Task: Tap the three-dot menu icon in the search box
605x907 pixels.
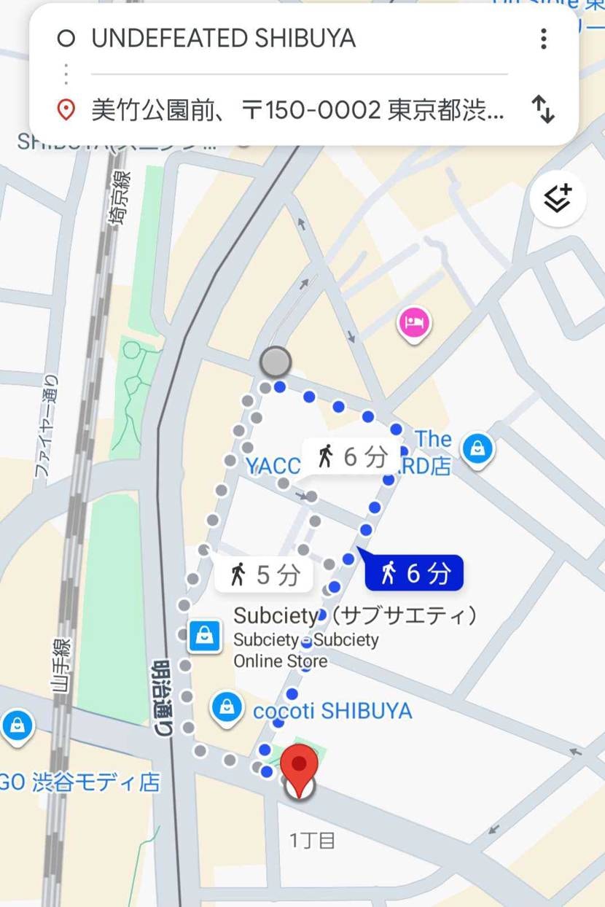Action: click(543, 39)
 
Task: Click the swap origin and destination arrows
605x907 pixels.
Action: click(543, 110)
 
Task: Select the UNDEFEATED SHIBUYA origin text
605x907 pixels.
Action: click(223, 39)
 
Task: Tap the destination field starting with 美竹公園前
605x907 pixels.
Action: click(297, 111)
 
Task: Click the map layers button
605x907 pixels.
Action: click(558, 198)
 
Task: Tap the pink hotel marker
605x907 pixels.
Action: click(414, 323)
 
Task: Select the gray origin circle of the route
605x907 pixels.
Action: click(276, 361)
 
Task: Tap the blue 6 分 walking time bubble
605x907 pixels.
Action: click(414, 573)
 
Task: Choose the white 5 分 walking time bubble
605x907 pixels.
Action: click(264, 575)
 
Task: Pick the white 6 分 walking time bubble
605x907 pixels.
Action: click(351, 457)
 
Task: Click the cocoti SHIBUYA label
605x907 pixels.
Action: click(332, 711)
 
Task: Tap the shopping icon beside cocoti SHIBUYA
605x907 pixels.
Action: click(227, 706)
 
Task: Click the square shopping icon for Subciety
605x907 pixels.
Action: click(205, 637)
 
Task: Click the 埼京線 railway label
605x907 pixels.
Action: click(121, 198)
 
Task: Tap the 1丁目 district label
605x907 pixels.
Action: click(313, 841)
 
